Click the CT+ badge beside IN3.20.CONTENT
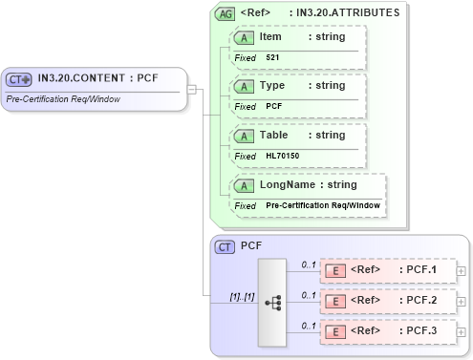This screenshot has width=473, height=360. coord(19,79)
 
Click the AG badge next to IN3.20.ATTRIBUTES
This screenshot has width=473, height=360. coord(225,13)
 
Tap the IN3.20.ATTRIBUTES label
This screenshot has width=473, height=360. coord(348,13)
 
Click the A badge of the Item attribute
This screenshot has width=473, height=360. coord(244,37)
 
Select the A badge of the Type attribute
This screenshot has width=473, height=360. coord(244,86)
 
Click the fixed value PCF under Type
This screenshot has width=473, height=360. coord(273,106)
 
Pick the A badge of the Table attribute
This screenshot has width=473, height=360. coord(244,136)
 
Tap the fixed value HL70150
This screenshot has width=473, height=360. coord(282,156)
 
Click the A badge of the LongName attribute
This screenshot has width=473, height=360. coord(244,184)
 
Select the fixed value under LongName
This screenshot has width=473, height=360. coord(322,205)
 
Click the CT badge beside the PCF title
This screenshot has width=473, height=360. coord(225,246)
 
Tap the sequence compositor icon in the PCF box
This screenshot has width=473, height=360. coord(271,302)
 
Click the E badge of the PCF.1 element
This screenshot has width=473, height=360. coord(335,270)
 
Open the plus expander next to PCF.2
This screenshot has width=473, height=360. coord(461,302)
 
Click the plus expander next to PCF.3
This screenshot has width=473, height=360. coord(461,332)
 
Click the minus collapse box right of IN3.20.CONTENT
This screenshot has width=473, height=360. coord(192,90)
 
